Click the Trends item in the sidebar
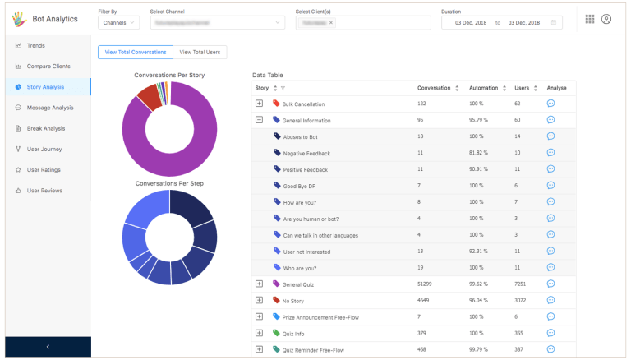pos(35,45)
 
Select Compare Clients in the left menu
pos(48,66)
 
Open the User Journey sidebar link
pos(44,149)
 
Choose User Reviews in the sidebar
pos(44,191)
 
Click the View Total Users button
pos(200,52)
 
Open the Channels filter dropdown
pos(118,23)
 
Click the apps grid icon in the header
pos(590,19)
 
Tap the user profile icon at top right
pos(606,19)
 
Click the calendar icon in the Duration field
pos(553,23)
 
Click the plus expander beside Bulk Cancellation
pos(259,104)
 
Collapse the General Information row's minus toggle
pos(259,120)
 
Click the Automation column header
pos(483,87)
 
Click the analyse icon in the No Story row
pos(550,300)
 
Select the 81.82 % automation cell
pos(479,153)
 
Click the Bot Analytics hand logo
pos(16,18)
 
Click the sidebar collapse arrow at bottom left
pos(48,347)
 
